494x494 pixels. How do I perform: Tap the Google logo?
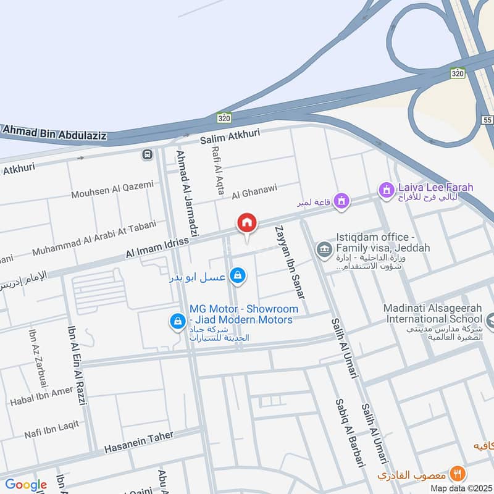pos(25,485)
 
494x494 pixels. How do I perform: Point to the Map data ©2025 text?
pos(460,488)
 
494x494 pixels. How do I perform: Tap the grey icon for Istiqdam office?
pos(322,249)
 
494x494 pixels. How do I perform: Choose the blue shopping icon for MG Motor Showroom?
pos(177,320)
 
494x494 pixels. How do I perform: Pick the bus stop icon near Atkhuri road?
pos(147,154)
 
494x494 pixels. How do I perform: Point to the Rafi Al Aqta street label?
pos(217,167)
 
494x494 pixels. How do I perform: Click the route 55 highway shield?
pos(488,119)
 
